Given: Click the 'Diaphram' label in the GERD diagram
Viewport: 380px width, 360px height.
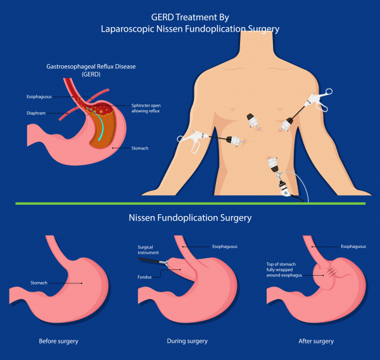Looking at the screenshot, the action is point(36,113).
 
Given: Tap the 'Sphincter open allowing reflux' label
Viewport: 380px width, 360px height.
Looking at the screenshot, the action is point(146,108).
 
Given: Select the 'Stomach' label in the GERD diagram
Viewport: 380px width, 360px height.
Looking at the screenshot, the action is point(140,148).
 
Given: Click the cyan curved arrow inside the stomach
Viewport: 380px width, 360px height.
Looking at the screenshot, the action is point(98,123).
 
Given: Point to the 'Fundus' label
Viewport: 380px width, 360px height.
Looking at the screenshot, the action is point(144,277).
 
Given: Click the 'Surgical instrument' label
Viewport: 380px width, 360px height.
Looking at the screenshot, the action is point(148,250).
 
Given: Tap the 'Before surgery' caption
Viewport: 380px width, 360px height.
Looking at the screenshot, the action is point(59,342).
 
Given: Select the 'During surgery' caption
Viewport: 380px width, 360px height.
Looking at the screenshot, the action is point(187,341).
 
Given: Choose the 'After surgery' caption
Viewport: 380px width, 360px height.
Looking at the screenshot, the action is point(316,342).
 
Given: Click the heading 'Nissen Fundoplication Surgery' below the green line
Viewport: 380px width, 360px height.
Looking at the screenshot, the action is point(190,218).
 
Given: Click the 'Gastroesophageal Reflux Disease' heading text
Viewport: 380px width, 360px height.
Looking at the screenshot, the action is point(91,67).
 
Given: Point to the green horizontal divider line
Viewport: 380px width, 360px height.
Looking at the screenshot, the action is point(190,203).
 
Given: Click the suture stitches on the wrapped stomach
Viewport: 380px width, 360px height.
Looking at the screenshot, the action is point(331,272).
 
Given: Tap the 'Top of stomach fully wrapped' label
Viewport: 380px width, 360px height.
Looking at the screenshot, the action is point(281,267).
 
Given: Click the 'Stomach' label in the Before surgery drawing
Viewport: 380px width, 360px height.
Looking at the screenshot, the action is point(39,283).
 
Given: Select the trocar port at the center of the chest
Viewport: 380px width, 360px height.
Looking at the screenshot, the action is point(253,121).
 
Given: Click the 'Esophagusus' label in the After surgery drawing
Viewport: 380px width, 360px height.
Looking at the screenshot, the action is point(353,247).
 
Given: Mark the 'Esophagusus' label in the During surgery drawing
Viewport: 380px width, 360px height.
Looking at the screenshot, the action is point(225,247).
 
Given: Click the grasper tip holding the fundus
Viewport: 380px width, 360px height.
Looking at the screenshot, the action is point(167,263).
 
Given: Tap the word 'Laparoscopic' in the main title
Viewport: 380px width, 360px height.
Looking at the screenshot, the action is point(127,29).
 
